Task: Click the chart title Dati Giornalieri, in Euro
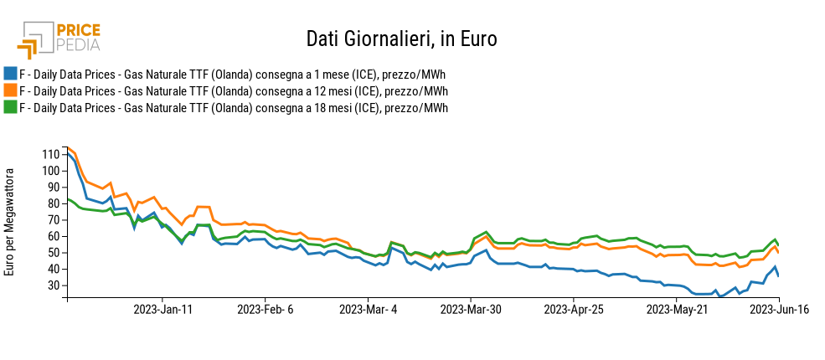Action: (x=401, y=39)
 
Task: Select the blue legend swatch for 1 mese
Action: (x=10, y=74)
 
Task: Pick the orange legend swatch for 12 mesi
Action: (x=10, y=90)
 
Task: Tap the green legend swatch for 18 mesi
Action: (x=10, y=107)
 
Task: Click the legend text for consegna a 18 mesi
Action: (x=233, y=107)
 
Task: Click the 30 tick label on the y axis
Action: (x=52, y=285)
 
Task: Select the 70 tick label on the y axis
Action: (x=52, y=220)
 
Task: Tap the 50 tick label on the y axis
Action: (x=52, y=253)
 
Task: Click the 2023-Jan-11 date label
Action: (x=162, y=309)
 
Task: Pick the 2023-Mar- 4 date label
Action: (x=368, y=309)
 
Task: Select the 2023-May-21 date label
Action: (x=676, y=309)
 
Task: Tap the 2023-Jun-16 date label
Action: (x=779, y=309)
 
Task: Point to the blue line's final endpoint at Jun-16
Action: (x=779, y=276)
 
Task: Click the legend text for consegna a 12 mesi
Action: (x=233, y=90)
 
